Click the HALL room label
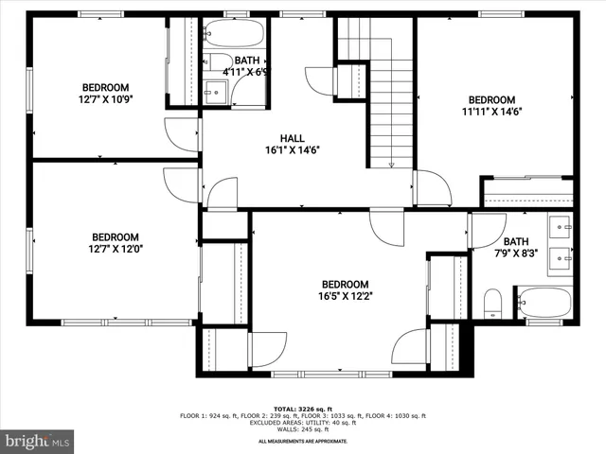coord(292,138)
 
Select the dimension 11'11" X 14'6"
coord(491,112)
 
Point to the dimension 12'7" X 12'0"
coord(116,250)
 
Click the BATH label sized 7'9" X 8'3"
coord(516,241)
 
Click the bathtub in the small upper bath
coord(233,34)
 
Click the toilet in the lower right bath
coord(492,304)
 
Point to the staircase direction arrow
coord(392,164)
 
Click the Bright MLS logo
coord(38,441)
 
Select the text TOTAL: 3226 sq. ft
coord(302,409)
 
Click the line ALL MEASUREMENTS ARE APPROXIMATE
coord(302,440)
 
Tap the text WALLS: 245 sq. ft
coord(302,431)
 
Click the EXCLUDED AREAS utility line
coord(302,424)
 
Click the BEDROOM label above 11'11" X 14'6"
coord(491,99)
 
